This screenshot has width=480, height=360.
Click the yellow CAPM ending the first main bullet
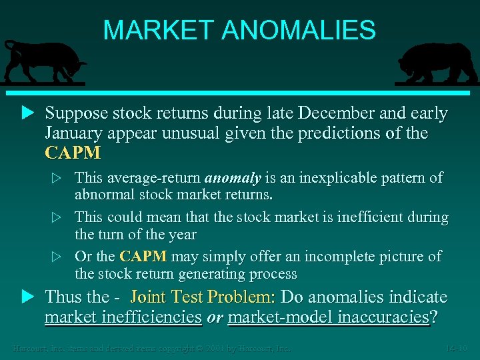(x=73, y=153)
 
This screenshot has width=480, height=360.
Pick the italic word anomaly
(x=232, y=179)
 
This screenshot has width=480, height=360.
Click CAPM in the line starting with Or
(x=143, y=257)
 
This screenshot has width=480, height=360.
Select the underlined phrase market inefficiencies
(x=123, y=317)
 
